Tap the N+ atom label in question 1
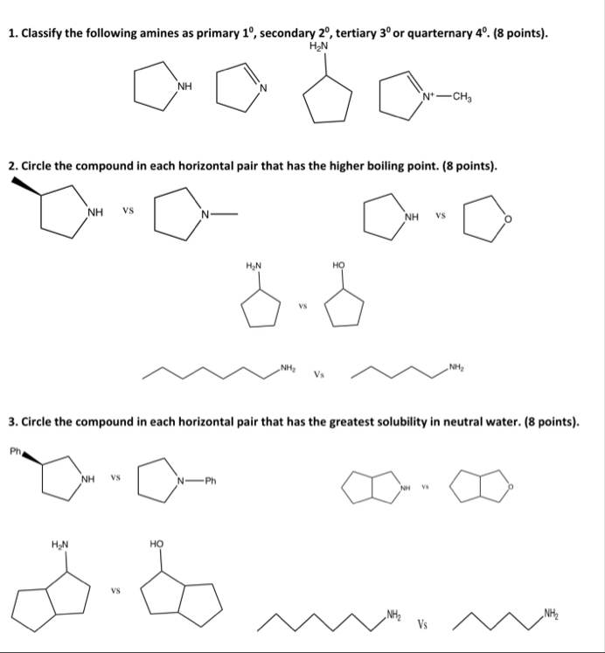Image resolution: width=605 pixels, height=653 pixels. [x=428, y=97]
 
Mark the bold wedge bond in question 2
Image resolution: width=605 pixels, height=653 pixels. [x=26, y=187]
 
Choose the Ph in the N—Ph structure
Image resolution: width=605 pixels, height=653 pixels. [x=211, y=479]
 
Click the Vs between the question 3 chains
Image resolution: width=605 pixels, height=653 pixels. [x=422, y=624]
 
